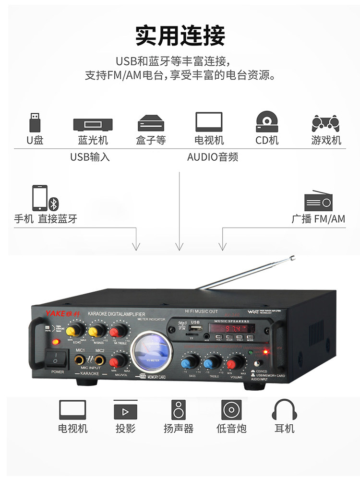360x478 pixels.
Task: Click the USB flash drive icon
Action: pos(35,122)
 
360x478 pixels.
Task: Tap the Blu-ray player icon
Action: pos(93,125)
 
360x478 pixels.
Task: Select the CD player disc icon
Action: pos(267,122)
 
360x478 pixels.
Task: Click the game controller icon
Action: pos(326,123)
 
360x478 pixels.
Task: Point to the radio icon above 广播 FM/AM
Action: pos(319,201)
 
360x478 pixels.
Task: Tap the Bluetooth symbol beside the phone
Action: pos(54,204)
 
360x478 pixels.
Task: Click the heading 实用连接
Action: pos(180,36)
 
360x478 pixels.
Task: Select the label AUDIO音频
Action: pos(213,157)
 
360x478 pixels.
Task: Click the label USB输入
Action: pos(90,157)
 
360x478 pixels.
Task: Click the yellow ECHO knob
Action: pos(73,331)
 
